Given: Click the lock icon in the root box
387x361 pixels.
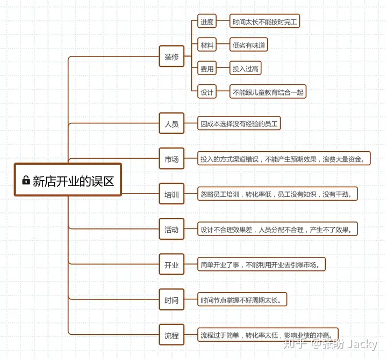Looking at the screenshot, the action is pos(26,180).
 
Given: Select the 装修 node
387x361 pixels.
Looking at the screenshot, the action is pos(171,56).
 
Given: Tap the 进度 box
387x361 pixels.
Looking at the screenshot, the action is pos(207,21).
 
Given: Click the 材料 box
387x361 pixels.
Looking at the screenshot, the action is pos(207,45).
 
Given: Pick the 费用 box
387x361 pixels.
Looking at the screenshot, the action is pos(207,68).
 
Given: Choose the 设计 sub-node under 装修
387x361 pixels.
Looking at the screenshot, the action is pos(207,92).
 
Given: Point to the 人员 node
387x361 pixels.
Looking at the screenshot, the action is pos(171,123).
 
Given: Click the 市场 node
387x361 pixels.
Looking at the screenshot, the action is pos(171,159).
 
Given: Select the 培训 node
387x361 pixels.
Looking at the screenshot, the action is pos(171,194).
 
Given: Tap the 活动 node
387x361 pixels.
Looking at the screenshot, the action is pos(171,229).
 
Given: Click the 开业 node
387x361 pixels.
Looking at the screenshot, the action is pos(171,264).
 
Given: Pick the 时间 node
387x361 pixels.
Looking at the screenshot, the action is pos(171,299).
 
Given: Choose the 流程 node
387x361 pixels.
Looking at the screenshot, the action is pos(171,335).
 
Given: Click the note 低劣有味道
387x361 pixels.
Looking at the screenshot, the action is pos(248,45).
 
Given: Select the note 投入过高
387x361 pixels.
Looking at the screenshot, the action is pos(245,68).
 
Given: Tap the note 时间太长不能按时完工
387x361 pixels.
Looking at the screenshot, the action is pos(264,21).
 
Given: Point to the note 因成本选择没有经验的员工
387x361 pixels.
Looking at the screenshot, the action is pos(239,123).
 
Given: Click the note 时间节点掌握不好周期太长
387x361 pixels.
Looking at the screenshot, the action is pos(242,299).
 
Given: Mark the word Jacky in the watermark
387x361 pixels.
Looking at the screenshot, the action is pos(362,344).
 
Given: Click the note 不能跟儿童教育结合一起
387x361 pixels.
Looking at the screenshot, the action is pos(268,92).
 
